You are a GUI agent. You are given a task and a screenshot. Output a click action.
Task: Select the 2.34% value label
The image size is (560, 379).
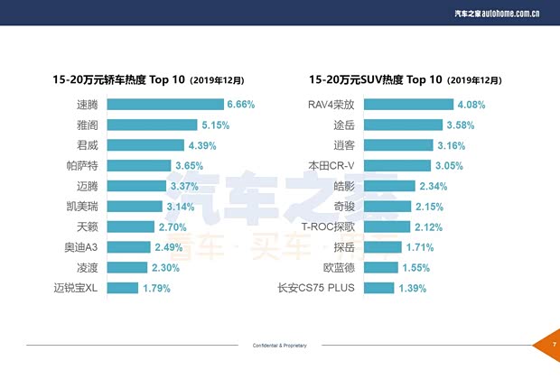[435, 186]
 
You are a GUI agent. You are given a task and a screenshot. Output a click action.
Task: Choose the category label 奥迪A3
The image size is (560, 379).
[81, 247]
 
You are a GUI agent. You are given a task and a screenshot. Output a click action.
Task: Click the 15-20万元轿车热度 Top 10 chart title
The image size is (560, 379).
[149, 79]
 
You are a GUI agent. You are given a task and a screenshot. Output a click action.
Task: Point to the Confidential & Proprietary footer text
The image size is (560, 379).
[280, 346]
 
